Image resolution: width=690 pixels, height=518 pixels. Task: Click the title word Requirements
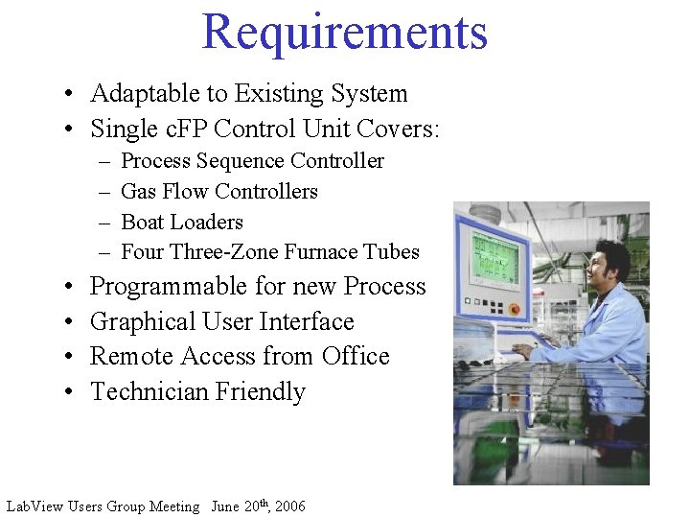(x=344, y=32)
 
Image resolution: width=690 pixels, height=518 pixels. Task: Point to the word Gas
(x=138, y=192)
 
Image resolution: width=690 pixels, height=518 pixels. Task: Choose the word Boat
(x=142, y=223)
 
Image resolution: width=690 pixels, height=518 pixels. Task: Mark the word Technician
(x=149, y=392)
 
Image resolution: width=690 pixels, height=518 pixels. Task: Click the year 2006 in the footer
(x=290, y=506)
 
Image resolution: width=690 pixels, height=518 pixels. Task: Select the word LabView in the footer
(x=34, y=506)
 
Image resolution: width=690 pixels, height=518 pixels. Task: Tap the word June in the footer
(x=226, y=506)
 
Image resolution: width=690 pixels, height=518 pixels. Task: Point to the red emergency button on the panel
(x=514, y=311)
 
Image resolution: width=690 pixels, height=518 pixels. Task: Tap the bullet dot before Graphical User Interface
(x=72, y=323)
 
